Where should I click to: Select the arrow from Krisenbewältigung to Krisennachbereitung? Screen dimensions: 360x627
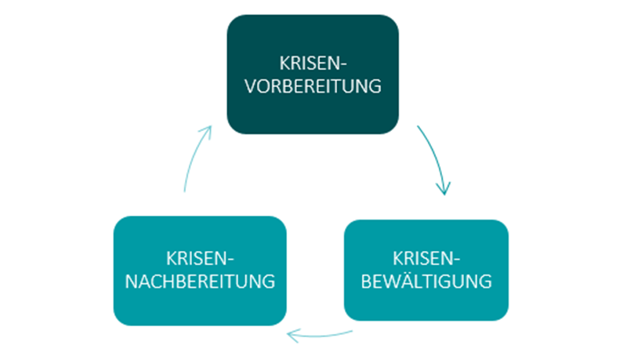pos(319,336)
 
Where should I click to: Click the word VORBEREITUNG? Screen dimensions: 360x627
pos(313,85)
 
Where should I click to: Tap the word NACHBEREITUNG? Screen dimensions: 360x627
pos(200,280)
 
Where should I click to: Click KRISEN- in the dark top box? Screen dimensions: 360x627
pos(313,63)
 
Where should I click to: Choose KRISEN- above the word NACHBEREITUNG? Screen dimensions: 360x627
pos(201,257)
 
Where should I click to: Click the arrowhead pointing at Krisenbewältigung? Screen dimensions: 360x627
pos(444,188)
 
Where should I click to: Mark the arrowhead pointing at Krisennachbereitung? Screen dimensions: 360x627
pos(292,336)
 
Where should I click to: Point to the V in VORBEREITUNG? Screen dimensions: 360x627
pos(251,85)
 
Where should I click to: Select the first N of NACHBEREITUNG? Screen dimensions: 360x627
pos(132,280)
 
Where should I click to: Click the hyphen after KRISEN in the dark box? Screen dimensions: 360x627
pos(343,64)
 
